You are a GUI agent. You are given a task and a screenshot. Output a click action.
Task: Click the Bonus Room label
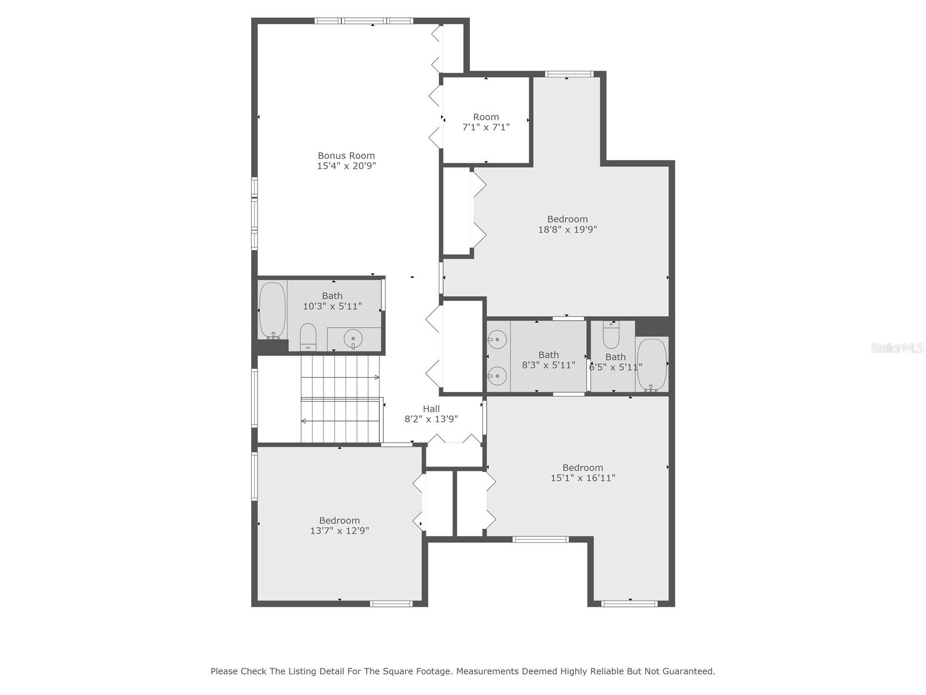[346, 156]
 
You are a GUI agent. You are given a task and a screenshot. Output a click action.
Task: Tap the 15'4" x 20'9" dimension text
[346, 166]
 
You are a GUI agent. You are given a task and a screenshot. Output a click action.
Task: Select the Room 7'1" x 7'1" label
[486, 122]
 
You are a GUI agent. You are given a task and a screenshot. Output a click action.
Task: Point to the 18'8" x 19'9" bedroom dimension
[567, 229]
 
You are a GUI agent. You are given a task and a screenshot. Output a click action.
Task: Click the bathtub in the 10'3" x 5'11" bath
[272, 310]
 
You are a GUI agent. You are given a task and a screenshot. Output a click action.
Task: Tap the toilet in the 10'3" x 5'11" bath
[308, 336]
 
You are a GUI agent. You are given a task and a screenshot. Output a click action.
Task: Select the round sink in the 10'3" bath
[353, 338]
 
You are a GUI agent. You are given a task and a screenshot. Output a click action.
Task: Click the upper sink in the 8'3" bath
[497, 339]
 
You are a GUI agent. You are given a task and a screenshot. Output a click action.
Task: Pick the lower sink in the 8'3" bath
[497, 374]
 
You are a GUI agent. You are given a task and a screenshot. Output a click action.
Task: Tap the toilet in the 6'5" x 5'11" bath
[611, 334]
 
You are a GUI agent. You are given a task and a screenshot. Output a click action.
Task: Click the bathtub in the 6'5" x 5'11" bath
[652, 365]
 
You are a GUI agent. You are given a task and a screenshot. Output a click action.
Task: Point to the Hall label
[431, 409]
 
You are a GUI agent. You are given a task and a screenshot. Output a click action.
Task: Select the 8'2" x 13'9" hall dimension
[431, 419]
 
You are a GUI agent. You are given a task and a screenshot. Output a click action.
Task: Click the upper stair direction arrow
[340, 377]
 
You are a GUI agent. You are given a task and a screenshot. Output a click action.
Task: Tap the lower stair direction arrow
[341, 420]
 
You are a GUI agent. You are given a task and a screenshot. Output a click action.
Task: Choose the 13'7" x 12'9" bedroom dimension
[340, 531]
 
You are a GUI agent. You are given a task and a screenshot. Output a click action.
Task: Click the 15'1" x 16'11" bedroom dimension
[583, 478]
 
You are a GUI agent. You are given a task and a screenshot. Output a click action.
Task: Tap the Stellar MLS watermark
[897, 348]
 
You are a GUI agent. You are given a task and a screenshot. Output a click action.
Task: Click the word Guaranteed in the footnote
[689, 671]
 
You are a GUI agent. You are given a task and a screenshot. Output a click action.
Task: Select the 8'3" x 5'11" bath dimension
[549, 365]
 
